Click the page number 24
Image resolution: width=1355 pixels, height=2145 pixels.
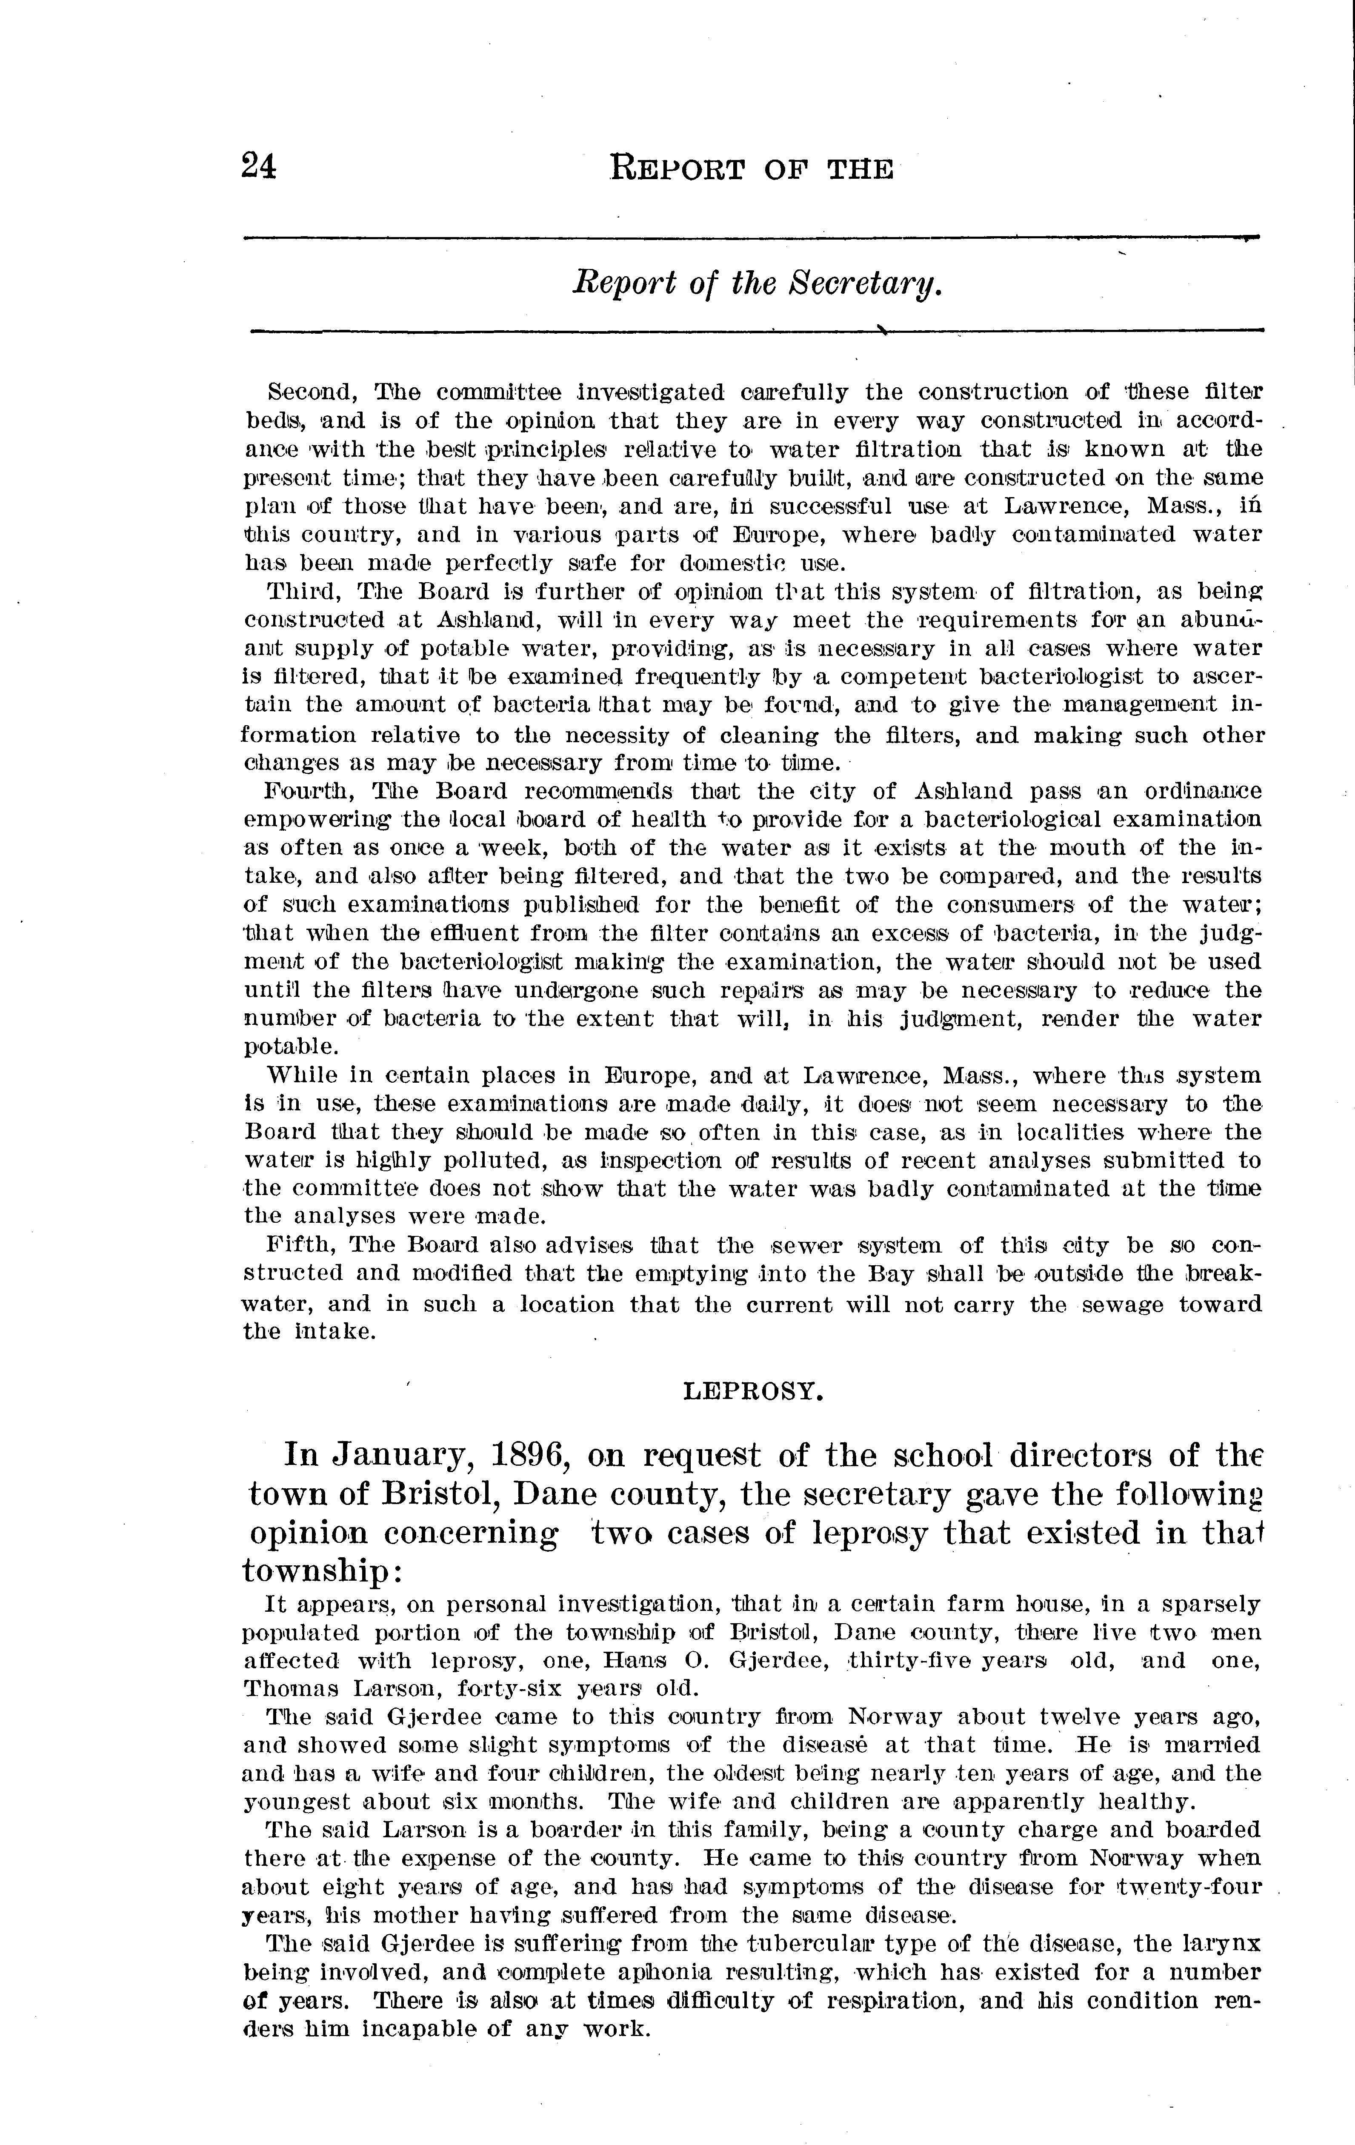(x=258, y=166)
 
